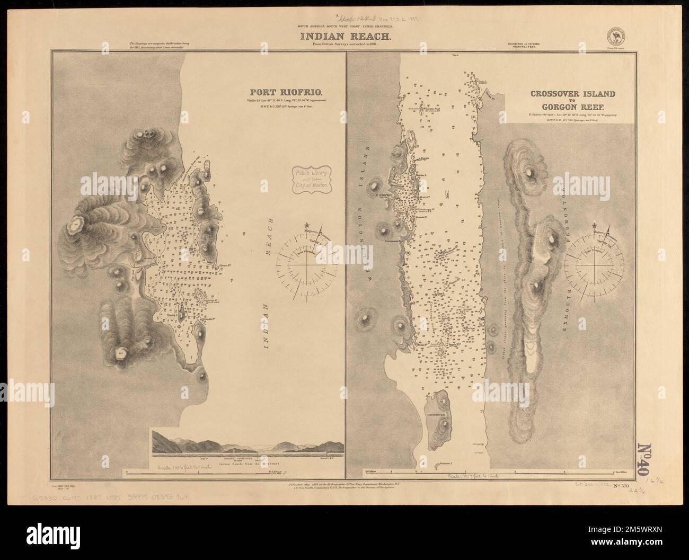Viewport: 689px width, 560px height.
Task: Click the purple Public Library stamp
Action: coord(313,180)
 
